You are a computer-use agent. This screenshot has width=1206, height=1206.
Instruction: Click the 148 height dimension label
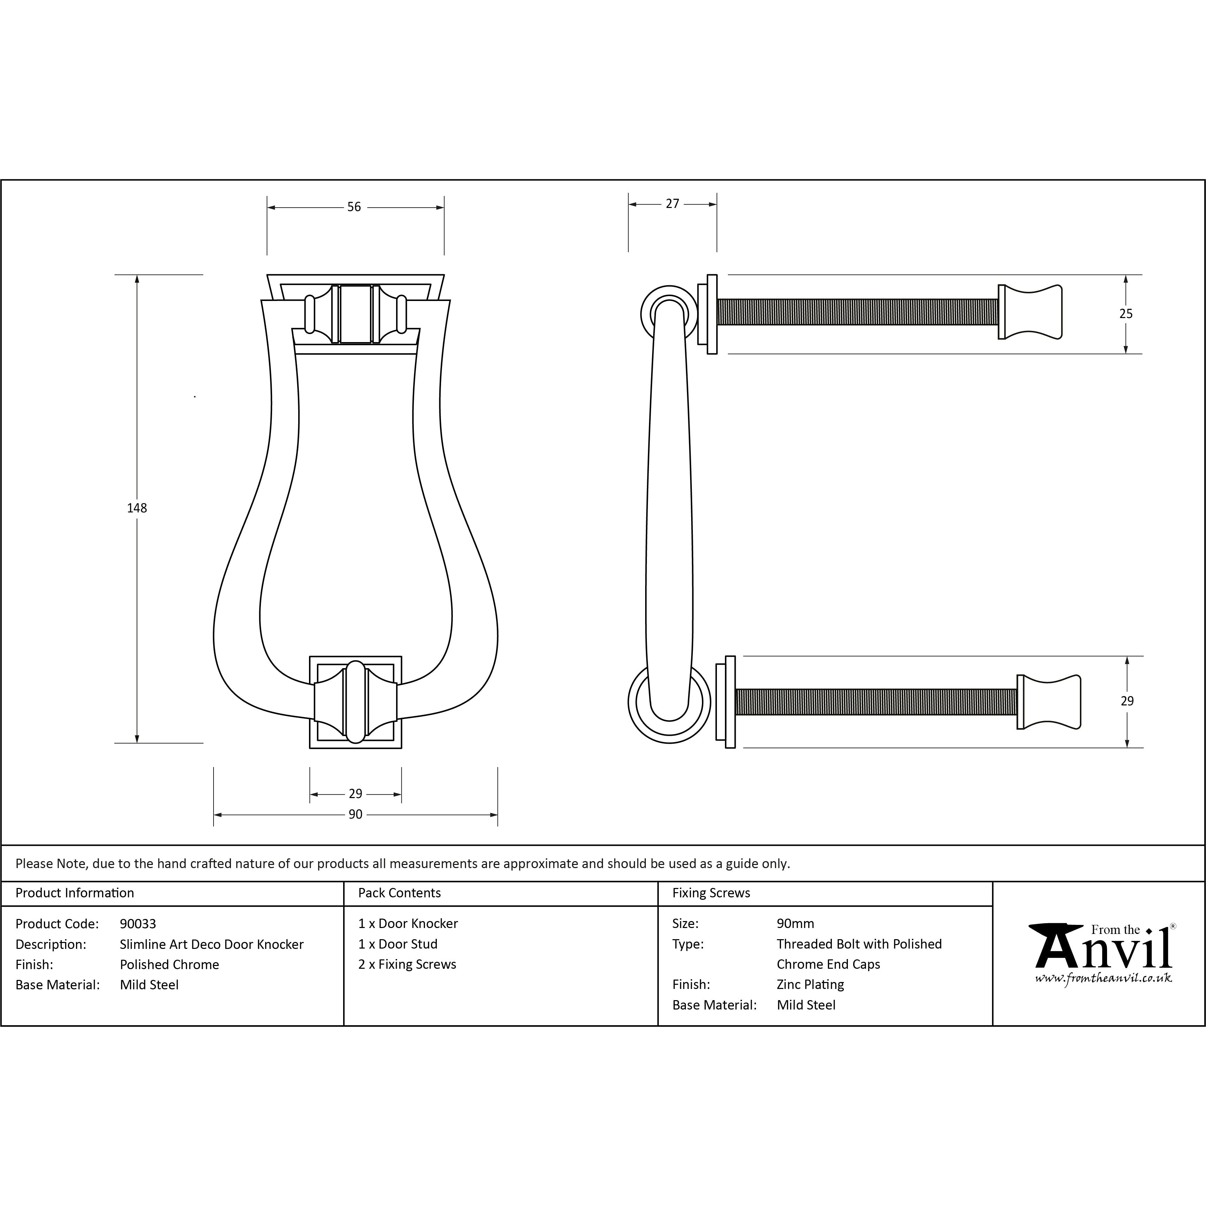(137, 508)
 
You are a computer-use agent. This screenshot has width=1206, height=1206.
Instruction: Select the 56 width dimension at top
(354, 207)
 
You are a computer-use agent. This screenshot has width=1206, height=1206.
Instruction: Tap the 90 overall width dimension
(355, 814)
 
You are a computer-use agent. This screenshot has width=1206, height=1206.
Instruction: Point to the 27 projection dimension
(672, 204)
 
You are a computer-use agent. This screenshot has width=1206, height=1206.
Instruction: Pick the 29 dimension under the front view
(355, 794)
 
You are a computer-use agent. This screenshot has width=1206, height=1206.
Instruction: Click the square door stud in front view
(355, 702)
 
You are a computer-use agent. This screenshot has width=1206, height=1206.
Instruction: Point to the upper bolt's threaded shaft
(857, 312)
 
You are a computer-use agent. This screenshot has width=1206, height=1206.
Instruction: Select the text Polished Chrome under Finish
(169, 965)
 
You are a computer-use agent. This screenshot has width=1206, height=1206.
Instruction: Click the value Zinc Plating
(810, 984)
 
